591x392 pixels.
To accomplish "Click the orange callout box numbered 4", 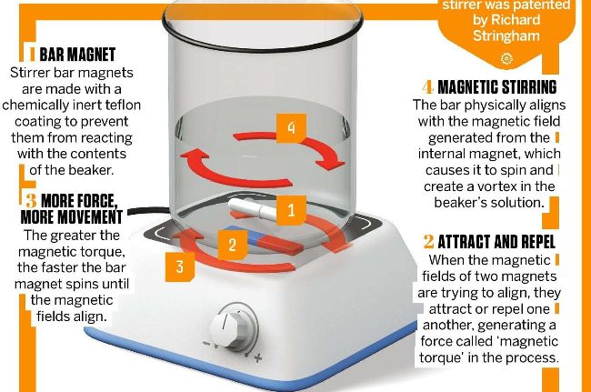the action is coord(291,128).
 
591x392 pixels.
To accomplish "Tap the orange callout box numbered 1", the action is coord(291,210).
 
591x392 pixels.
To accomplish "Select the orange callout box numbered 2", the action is coord(233,245).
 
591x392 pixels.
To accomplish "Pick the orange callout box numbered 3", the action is coord(180,266).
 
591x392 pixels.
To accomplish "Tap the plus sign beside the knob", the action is coord(258,357).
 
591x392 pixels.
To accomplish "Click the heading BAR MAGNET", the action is coord(77,55).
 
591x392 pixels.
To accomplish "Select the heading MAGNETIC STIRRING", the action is coord(497,87).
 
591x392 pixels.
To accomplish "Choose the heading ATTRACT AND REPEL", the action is coord(496,242).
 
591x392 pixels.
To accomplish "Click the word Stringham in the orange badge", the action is coord(506,35).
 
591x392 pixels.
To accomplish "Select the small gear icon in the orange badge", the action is coord(506,59).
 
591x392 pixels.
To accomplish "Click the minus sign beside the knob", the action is coord(206,344).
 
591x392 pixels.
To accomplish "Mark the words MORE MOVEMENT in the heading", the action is coord(71,216).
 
